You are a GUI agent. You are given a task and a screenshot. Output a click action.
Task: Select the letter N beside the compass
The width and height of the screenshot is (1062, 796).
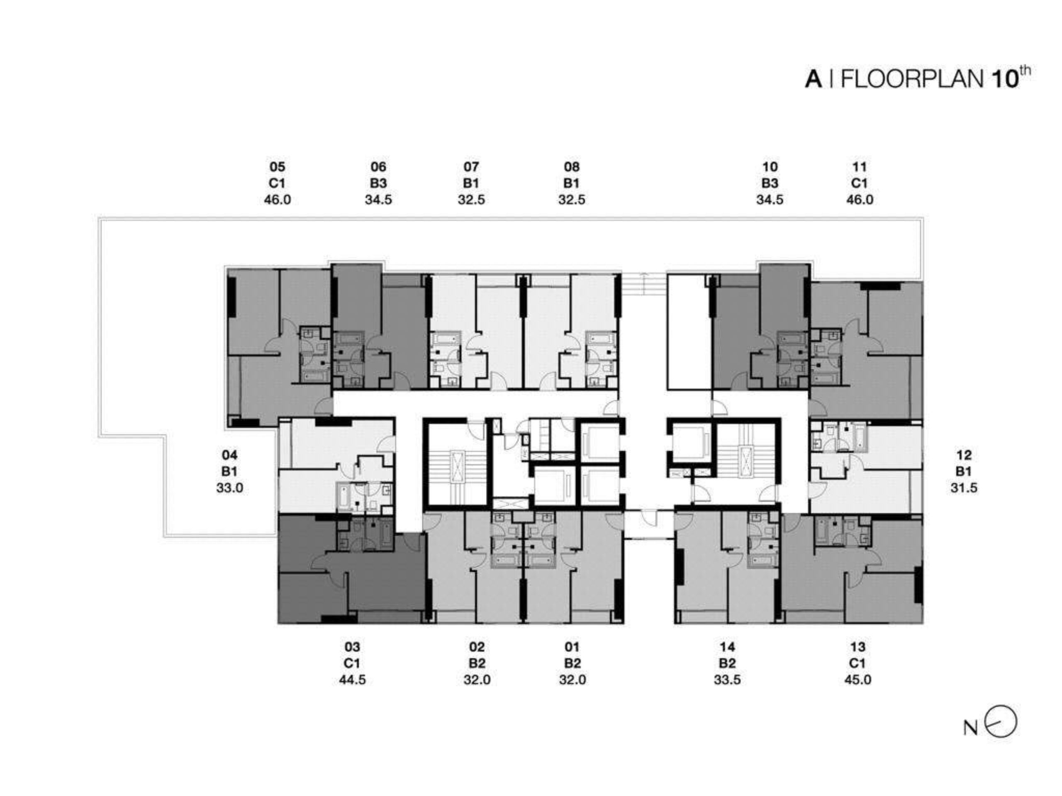pyautogui.click(x=970, y=728)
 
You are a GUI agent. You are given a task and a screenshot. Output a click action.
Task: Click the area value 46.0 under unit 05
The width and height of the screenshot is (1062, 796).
pyautogui.click(x=277, y=199)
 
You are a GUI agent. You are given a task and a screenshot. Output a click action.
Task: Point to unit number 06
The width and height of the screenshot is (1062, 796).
pyautogui.click(x=378, y=167)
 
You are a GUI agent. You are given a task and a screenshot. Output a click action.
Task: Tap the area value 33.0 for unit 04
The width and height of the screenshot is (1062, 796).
pyautogui.click(x=229, y=488)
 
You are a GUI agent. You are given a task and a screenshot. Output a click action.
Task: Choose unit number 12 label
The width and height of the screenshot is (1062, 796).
pyautogui.click(x=964, y=455)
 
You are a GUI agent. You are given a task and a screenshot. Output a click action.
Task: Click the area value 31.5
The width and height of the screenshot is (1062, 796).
pyautogui.click(x=964, y=488)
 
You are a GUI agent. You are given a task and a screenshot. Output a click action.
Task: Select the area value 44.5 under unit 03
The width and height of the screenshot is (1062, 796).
pyautogui.click(x=352, y=680)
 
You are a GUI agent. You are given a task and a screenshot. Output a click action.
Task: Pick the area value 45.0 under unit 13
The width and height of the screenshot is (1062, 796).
pyautogui.click(x=857, y=680)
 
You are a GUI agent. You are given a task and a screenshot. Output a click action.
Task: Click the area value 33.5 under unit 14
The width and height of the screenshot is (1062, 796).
pyautogui.click(x=727, y=680)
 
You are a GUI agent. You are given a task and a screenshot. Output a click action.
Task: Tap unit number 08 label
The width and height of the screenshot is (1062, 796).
pyautogui.click(x=571, y=167)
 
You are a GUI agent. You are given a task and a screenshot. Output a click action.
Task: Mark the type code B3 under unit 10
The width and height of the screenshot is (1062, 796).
pyautogui.click(x=770, y=183)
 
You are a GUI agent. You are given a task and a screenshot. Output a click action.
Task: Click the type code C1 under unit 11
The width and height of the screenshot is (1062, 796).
pyautogui.click(x=860, y=183)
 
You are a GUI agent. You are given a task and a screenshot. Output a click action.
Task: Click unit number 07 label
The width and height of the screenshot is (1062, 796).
pyautogui.click(x=471, y=167)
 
